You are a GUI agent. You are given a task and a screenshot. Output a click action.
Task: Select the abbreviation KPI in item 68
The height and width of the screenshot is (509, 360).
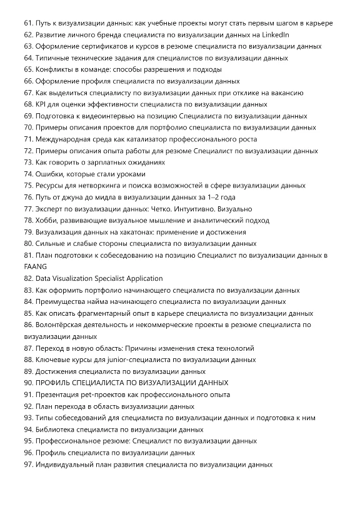[42, 104]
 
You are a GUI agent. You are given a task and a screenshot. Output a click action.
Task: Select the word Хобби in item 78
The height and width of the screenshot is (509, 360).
[47, 220]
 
